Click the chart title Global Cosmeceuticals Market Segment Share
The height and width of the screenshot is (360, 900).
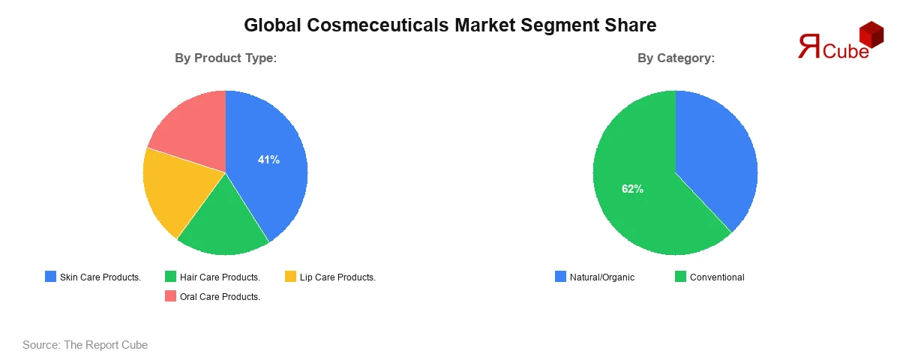point(450,25)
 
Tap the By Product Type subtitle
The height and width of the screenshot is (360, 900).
point(226,58)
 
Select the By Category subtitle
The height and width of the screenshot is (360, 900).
point(676,58)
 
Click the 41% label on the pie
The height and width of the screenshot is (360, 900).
point(268,160)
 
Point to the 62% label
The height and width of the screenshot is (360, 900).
point(632,189)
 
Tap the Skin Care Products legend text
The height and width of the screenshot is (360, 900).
point(100,277)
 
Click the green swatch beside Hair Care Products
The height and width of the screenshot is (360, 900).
point(171,277)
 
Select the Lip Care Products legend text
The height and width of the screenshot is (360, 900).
point(337,277)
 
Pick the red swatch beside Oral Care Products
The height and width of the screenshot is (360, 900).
point(171,296)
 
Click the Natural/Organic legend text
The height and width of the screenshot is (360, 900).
point(601,277)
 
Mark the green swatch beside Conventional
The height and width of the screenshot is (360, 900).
point(681,277)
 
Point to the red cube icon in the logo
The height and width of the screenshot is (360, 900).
point(871,34)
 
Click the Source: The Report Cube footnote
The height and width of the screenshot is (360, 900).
point(85,345)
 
